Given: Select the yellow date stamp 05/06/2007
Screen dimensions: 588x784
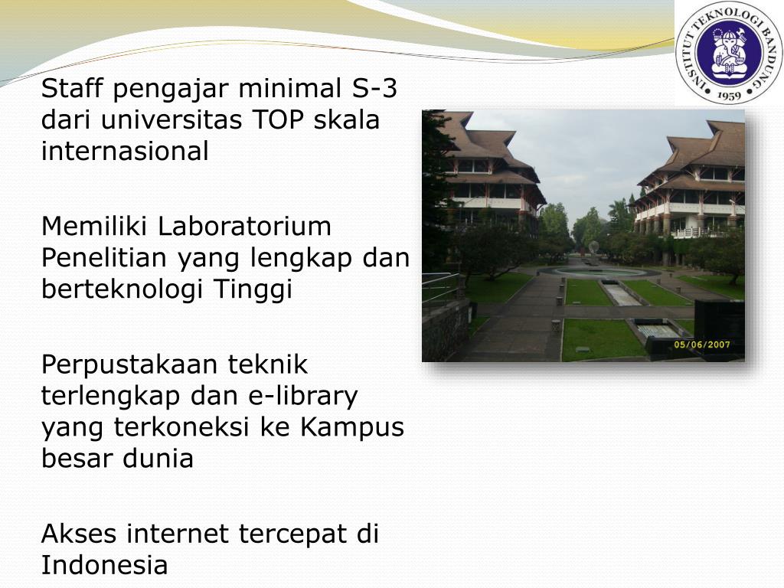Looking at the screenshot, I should pos(701,345).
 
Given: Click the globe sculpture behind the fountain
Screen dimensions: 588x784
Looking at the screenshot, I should pos(593,248).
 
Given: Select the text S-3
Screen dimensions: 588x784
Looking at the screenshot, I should pos(375,90).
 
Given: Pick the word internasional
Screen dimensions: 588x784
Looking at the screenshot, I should pos(125,152).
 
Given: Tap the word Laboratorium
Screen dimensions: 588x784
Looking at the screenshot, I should pos(245,227).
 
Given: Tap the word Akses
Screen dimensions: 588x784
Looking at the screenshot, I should pos(80,534).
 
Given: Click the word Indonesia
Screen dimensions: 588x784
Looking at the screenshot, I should pos(104,565).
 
